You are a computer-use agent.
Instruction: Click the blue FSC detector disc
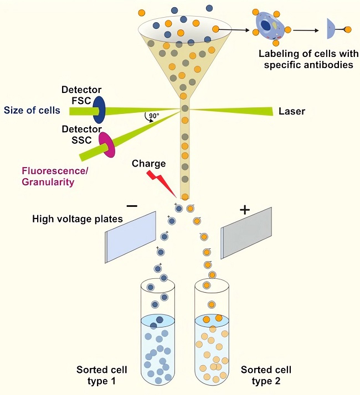tap(99, 110)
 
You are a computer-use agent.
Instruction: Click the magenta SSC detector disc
tap(106, 145)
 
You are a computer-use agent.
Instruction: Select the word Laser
tap(291, 111)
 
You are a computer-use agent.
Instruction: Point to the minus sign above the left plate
tap(132, 206)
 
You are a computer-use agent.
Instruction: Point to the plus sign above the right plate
tap(244, 210)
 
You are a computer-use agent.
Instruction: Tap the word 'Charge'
tap(148, 164)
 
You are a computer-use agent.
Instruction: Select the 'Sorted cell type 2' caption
tap(266, 375)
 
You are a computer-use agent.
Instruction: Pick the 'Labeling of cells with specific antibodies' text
tap(306, 60)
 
